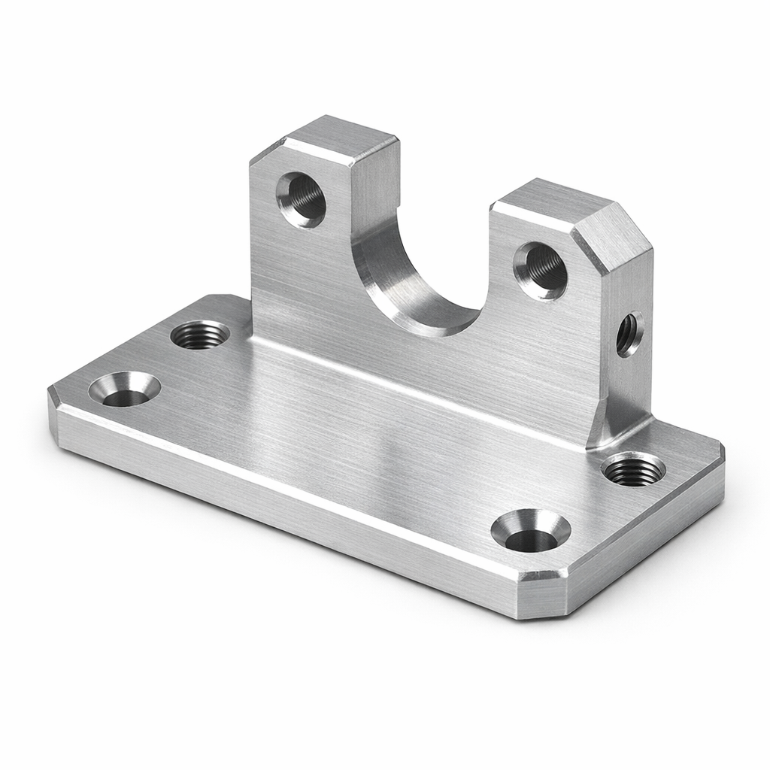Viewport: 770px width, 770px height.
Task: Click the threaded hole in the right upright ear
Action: (541, 269)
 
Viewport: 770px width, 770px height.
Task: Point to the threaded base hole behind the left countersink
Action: (200, 334)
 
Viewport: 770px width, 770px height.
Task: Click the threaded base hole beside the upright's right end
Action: (633, 469)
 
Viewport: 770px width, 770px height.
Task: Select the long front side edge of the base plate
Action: (286, 496)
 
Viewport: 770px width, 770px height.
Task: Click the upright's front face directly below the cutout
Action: (421, 368)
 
